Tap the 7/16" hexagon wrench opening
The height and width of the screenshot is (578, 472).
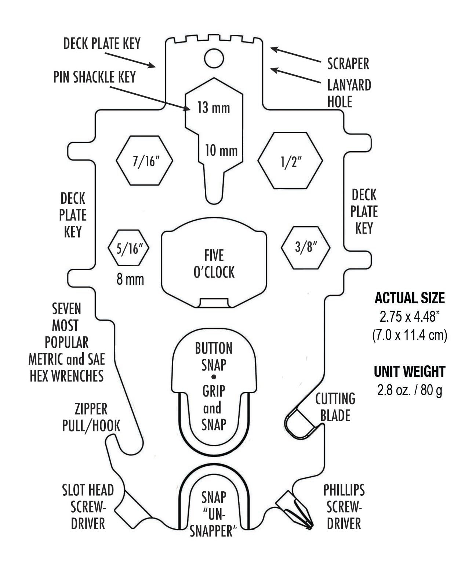145,161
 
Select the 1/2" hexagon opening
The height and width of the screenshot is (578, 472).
290,161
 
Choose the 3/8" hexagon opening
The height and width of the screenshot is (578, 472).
306,247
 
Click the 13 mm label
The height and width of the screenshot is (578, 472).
214,108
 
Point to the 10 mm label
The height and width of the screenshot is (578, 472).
221,151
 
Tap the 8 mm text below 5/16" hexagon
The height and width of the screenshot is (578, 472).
130,280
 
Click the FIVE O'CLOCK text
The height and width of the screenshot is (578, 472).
214,264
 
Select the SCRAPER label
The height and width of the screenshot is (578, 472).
348,64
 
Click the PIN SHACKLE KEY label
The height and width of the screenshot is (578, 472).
95,77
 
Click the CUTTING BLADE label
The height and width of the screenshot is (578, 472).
335,407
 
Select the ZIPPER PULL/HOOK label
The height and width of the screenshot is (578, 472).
91,417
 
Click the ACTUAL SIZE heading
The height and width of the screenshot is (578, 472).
410,298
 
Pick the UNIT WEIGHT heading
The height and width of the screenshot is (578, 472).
410,372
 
